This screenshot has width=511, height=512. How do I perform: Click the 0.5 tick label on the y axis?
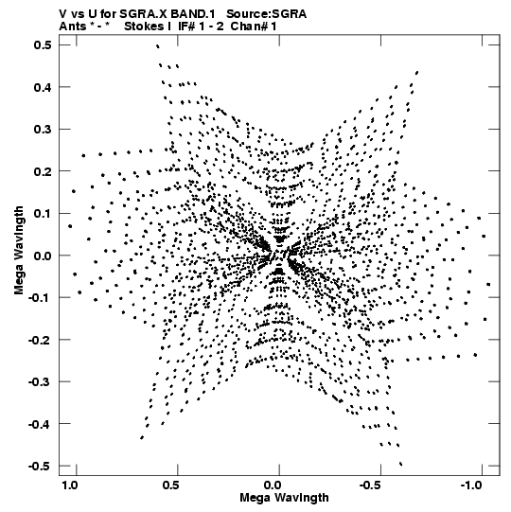pyautogui.click(x=43, y=45)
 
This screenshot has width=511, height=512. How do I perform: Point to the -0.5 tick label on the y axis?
pyautogui.click(x=40, y=466)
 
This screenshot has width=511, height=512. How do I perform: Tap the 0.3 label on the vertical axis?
pyautogui.click(x=43, y=130)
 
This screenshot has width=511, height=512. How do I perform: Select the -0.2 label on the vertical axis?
pyautogui.click(x=40, y=340)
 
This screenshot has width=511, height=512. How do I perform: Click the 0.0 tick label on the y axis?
pyautogui.click(x=43, y=256)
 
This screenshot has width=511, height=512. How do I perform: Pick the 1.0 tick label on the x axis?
pyautogui.click(x=70, y=486)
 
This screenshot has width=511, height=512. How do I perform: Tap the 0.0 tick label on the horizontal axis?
pyautogui.click(x=273, y=486)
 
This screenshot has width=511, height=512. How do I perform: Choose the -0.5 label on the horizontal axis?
pyautogui.click(x=371, y=486)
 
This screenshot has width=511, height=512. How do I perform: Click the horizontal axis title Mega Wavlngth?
pyautogui.click(x=284, y=498)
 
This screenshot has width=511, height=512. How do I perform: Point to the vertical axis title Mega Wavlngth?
pyautogui.click(x=19, y=251)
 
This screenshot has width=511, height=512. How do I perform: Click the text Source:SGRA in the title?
pyautogui.click(x=267, y=14)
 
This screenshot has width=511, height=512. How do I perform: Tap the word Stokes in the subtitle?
pyautogui.click(x=144, y=26)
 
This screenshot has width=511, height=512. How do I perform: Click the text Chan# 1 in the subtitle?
pyautogui.click(x=254, y=26)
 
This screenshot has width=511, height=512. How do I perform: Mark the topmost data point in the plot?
pyautogui.click(x=158, y=46)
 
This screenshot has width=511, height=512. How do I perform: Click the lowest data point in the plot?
pyautogui.click(x=401, y=464)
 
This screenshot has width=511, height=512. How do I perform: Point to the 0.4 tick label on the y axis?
pyautogui.click(x=43, y=87)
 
